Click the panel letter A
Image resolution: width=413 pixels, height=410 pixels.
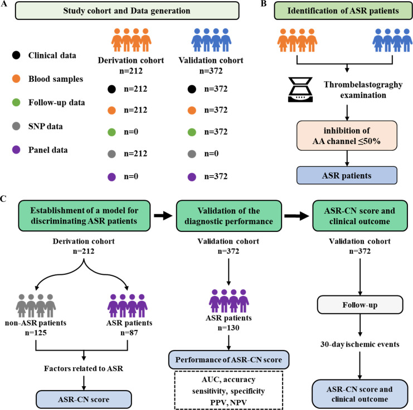[x=5, y=5]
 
